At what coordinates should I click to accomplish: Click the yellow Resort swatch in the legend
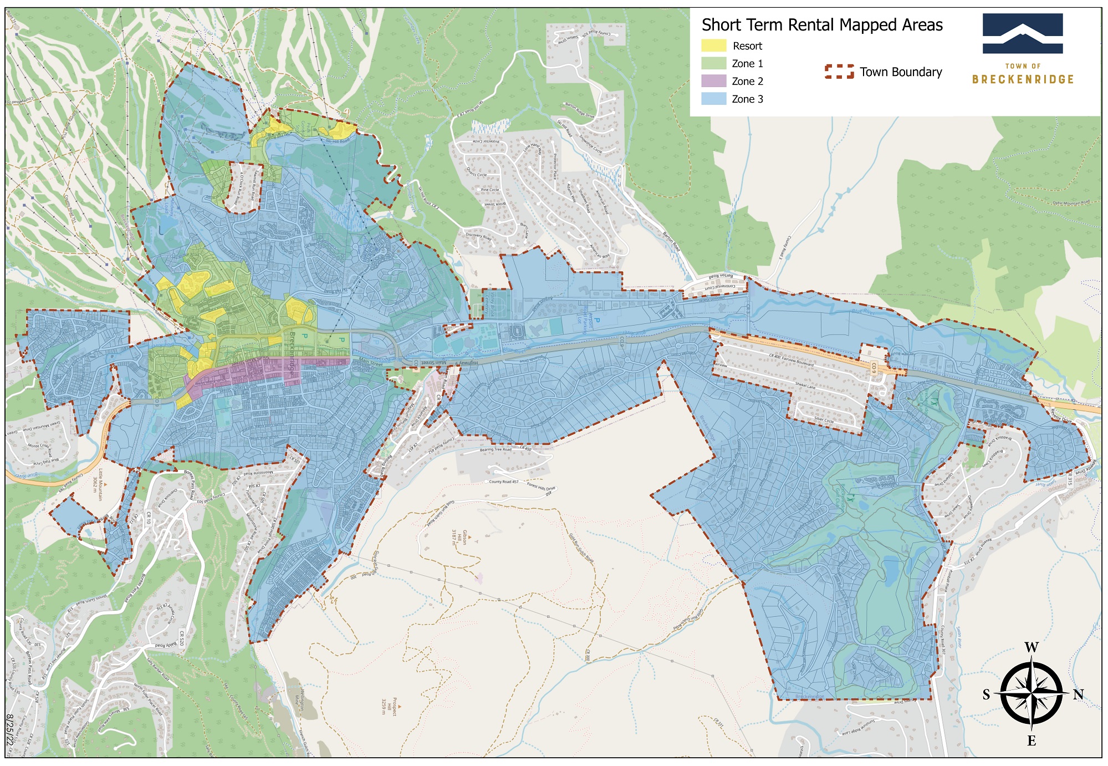click(713, 45)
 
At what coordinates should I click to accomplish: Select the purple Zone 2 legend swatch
click(713, 81)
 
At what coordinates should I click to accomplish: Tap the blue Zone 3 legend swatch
click(713, 99)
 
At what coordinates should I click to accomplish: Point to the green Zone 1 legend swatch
click(713, 63)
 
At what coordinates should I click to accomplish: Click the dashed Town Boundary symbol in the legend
click(839, 72)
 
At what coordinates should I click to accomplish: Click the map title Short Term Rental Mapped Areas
click(821, 25)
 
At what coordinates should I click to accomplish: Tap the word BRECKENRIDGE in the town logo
click(1023, 79)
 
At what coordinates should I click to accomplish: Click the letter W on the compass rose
click(1031, 647)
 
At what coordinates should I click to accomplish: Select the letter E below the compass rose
click(1031, 741)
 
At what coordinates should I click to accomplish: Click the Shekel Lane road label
click(805, 385)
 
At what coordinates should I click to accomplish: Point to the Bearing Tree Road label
click(496, 450)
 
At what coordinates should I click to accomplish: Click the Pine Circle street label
click(489, 190)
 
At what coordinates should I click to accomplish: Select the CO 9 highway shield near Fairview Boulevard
click(874, 367)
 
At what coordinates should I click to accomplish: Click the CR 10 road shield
click(148, 518)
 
